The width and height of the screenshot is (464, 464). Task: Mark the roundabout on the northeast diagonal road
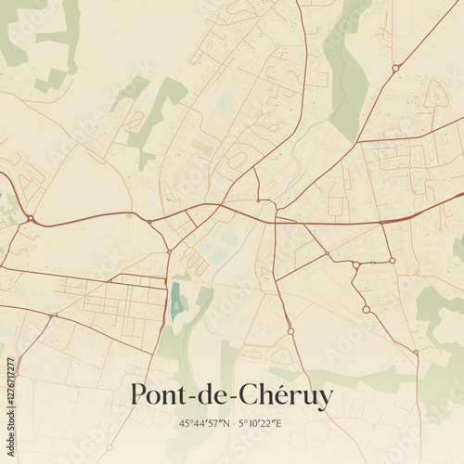395,68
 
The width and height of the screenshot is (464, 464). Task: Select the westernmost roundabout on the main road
31,219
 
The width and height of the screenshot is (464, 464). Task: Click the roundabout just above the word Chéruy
290,331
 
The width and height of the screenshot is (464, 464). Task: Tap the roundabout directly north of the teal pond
169,251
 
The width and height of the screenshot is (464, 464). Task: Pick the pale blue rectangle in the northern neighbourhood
224,101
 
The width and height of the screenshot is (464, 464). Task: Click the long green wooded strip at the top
348,70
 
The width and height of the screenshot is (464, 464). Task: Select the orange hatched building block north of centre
202,148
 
